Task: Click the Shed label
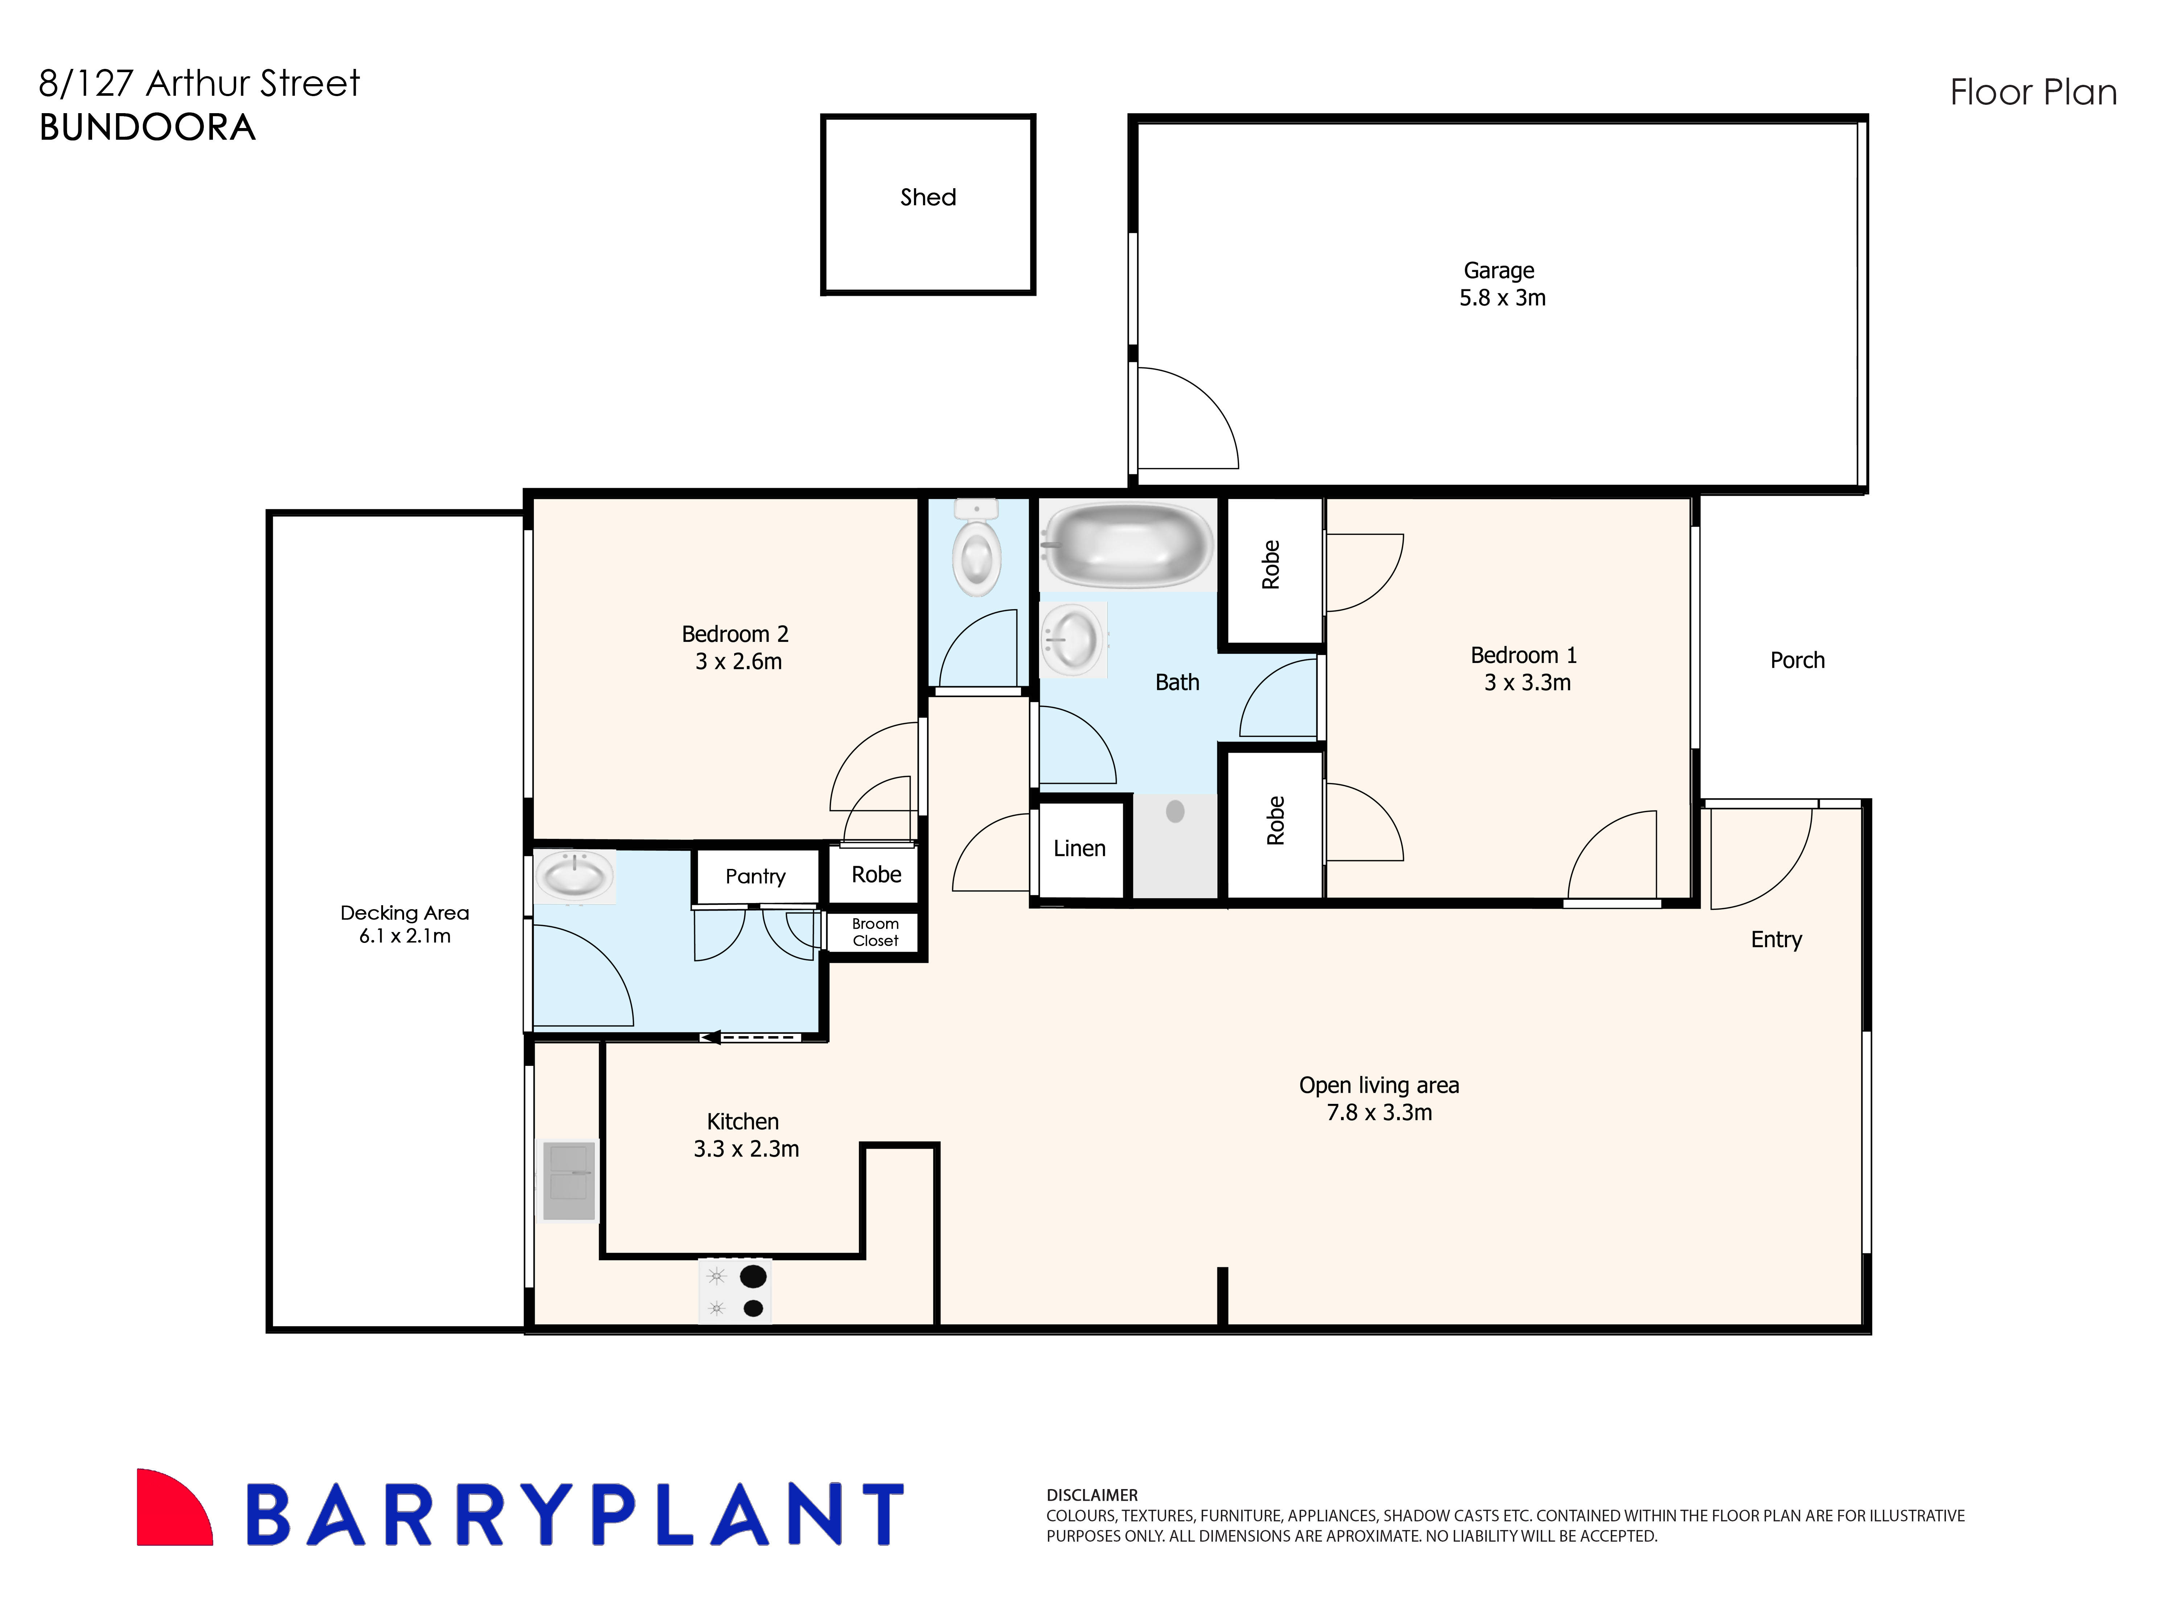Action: point(927,198)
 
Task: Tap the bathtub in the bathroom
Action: point(1127,544)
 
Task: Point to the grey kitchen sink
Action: point(568,1181)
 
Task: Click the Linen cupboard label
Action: point(1079,849)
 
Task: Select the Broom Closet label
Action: point(875,932)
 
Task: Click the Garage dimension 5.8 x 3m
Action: point(1502,298)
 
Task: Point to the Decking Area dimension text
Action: point(404,936)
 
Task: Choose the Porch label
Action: point(1797,660)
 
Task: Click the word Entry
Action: point(1776,940)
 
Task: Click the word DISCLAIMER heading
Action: point(1092,1495)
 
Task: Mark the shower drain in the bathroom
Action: point(1175,811)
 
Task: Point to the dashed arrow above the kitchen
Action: point(750,1037)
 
